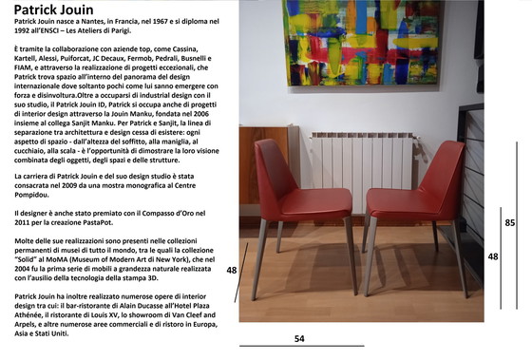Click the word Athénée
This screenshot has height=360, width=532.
34,318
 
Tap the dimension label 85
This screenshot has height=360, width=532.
510,222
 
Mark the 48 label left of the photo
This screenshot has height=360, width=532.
231,271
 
